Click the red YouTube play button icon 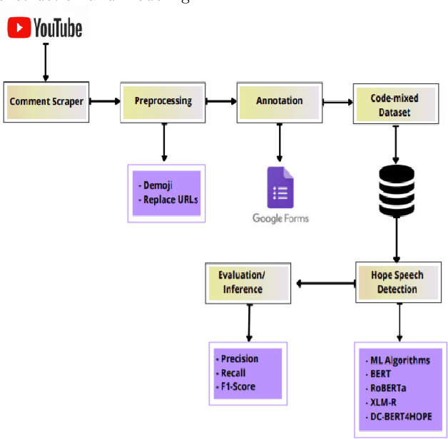coord(20,28)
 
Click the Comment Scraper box coord(46,102)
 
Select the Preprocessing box coord(163,101)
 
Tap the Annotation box coord(280,101)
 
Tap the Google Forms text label coord(280,218)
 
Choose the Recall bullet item coord(235,373)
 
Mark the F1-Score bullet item coord(238,387)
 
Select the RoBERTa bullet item coord(388,388)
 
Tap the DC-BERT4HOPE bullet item coord(402,416)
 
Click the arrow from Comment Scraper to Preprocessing coord(106,101)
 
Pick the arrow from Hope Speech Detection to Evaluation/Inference coord(324,283)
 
